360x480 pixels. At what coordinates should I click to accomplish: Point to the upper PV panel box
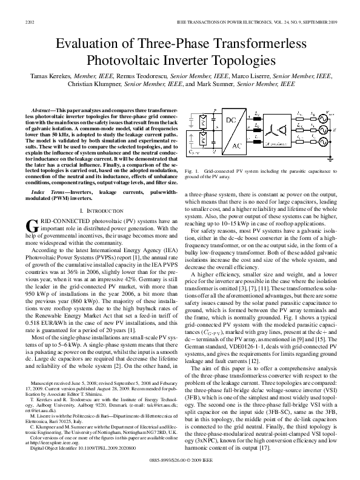195,121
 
